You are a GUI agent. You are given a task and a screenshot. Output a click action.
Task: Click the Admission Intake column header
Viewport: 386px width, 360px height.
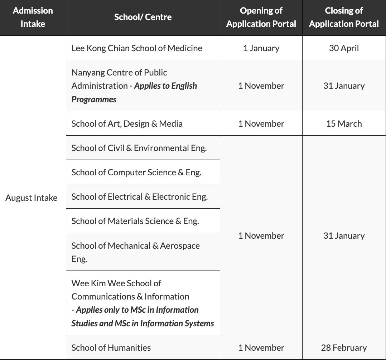(33, 17)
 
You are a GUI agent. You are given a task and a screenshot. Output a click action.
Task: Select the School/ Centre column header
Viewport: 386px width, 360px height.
(143, 17)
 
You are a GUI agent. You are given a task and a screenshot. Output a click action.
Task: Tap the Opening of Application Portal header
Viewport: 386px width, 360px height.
(261, 17)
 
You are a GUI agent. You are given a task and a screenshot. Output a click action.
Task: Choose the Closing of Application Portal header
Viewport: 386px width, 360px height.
(344, 17)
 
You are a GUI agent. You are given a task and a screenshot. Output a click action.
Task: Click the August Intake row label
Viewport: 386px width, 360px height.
(32, 198)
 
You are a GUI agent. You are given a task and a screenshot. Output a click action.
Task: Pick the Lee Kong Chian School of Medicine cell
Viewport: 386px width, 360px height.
(137, 48)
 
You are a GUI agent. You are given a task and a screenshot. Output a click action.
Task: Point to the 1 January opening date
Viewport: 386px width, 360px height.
(261, 48)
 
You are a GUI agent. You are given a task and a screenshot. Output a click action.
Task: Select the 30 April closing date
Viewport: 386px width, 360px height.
(344, 48)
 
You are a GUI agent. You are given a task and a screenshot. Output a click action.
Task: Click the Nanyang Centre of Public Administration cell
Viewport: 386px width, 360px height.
(134, 86)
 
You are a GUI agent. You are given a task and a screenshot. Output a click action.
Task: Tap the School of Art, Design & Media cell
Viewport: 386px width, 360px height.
(127, 123)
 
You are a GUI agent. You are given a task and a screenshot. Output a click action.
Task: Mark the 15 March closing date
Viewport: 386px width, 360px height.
(344, 123)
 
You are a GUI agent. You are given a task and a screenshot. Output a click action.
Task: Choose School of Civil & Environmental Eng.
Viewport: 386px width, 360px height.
(139, 148)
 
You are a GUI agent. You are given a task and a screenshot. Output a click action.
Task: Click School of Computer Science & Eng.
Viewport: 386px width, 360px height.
(136, 172)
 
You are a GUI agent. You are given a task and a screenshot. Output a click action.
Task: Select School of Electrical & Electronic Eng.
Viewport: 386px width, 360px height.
(140, 196)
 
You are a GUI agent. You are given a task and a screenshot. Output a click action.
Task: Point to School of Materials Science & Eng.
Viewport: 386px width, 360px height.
(135, 221)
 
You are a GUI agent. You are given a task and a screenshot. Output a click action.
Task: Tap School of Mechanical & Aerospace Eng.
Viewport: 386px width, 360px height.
(135, 252)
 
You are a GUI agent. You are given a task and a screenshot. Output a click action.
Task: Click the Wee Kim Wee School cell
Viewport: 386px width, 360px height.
(143, 303)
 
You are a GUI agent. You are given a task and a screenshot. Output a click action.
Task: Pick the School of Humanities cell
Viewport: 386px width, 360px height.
(111, 347)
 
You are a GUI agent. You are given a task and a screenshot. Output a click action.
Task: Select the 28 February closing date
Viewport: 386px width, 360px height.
(344, 347)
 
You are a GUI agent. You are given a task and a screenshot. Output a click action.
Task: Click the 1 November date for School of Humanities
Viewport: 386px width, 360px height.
(261, 347)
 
